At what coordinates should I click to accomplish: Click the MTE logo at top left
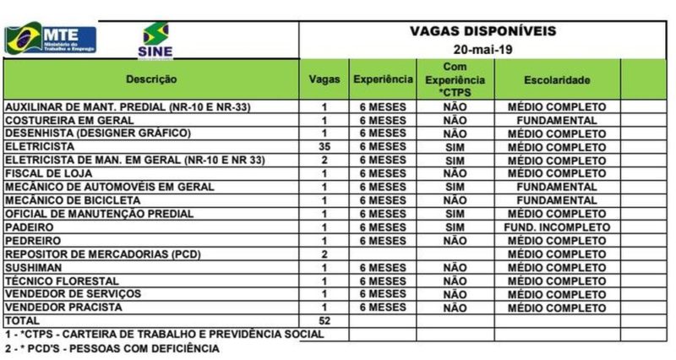click(51, 39)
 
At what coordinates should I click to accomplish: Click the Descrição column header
click(151, 79)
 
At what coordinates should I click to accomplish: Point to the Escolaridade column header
click(556, 79)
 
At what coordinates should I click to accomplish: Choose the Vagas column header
click(324, 79)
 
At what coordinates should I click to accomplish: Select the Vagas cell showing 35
click(324, 147)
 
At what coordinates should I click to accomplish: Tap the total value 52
click(324, 321)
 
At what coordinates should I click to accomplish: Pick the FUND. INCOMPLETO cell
click(557, 227)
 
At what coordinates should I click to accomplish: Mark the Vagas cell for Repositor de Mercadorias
click(324, 254)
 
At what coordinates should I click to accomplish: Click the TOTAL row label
click(23, 321)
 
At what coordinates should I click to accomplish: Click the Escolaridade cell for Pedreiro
click(557, 241)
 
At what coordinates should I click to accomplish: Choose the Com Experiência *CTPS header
click(455, 79)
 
